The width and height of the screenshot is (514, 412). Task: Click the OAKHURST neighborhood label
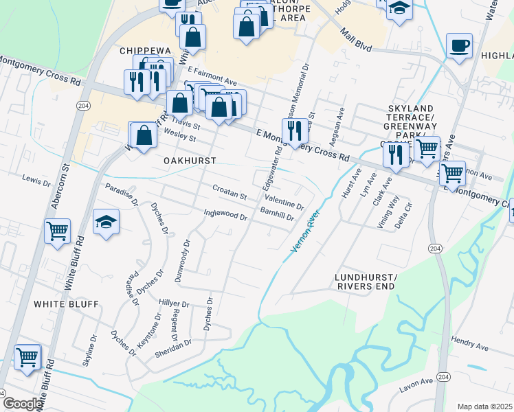point(190,160)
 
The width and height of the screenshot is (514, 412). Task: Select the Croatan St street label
point(230,196)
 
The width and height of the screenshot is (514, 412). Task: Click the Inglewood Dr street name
point(225,215)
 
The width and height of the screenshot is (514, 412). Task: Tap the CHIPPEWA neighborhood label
point(144,51)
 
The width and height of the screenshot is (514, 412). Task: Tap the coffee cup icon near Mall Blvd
point(459,46)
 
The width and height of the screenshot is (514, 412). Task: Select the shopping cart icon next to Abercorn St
point(57,230)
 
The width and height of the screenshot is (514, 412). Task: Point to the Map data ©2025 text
point(484,407)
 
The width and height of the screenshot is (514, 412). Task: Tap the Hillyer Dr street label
point(173,303)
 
